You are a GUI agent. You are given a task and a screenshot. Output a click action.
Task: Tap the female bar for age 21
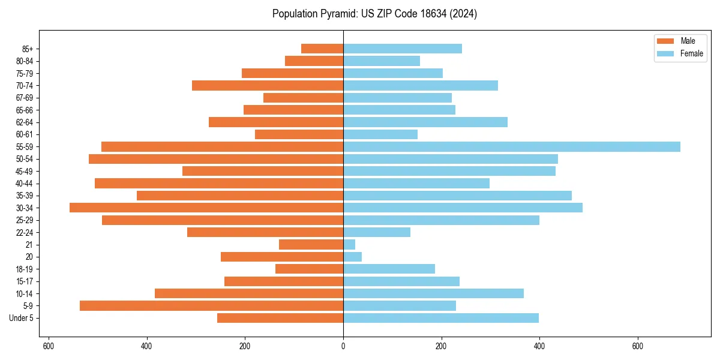point(349,244)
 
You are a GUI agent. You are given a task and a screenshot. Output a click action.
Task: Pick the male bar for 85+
point(322,49)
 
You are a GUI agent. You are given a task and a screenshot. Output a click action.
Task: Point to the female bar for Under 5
point(441,318)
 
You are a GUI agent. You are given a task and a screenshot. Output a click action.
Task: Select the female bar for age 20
point(352,257)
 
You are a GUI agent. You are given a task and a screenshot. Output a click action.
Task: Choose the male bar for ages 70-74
point(268,85)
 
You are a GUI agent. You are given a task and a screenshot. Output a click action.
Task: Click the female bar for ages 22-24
point(377,232)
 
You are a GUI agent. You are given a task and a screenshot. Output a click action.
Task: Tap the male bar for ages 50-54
point(216,159)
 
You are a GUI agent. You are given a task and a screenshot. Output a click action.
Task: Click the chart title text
point(374,14)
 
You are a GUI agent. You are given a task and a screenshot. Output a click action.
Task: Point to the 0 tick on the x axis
point(343,346)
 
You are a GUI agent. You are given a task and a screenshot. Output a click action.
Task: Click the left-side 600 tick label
point(49,346)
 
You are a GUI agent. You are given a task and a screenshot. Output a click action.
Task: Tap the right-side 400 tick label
point(539,346)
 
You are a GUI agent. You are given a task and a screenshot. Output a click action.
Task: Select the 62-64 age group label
point(25,122)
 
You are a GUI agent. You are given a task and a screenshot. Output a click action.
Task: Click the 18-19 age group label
point(25,269)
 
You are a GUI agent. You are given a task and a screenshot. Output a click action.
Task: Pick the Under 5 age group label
point(22,318)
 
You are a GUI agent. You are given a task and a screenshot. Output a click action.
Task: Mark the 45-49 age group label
point(25,171)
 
